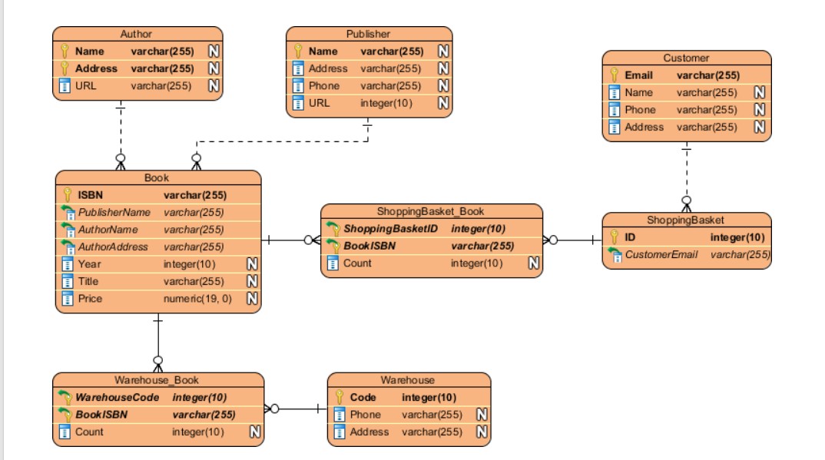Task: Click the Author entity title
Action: (x=136, y=34)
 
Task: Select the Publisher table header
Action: (x=368, y=34)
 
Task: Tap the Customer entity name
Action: (x=686, y=58)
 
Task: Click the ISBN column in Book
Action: (x=91, y=195)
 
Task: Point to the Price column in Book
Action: (x=90, y=299)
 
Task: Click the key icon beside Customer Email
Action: (x=615, y=75)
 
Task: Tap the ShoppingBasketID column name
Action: (x=390, y=229)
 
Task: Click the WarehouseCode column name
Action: (x=118, y=398)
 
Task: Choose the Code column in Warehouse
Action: (x=363, y=398)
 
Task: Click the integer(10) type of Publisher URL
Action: (x=386, y=103)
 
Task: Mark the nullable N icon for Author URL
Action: (x=214, y=85)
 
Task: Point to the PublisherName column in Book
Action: (x=114, y=212)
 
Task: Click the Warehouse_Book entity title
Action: (x=157, y=379)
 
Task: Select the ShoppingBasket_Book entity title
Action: (x=430, y=211)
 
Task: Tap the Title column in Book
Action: (x=89, y=281)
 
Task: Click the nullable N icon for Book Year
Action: (x=250, y=264)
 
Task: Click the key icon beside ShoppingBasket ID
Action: (x=615, y=237)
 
